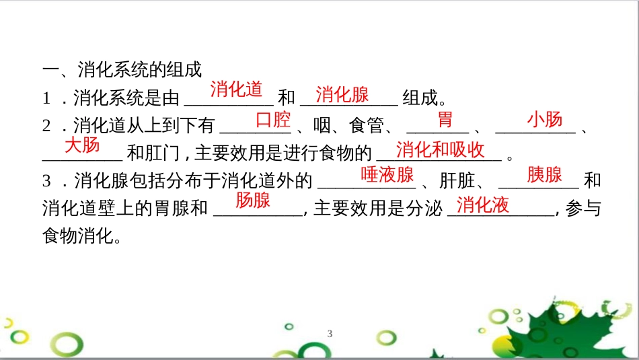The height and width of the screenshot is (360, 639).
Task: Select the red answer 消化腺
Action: point(342,94)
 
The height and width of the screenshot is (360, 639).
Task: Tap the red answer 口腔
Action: point(273,120)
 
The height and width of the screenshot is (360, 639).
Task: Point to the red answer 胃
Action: point(445,120)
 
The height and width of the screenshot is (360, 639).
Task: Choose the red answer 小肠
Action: point(544,120)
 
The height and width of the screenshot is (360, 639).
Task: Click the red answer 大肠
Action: point(82,145)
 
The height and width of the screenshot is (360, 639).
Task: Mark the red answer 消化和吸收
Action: point(440,149)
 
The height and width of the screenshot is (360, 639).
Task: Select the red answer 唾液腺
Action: point(387,175)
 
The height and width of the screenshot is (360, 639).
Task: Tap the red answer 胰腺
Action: point(544,175)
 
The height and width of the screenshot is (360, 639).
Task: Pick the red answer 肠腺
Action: point(253,200)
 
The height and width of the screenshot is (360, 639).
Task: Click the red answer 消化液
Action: point(482,205)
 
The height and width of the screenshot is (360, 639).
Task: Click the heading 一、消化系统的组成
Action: point(122,69)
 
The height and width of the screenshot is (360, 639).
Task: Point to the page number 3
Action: point(330,334)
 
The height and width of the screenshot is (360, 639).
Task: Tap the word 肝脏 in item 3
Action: point(456,180)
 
